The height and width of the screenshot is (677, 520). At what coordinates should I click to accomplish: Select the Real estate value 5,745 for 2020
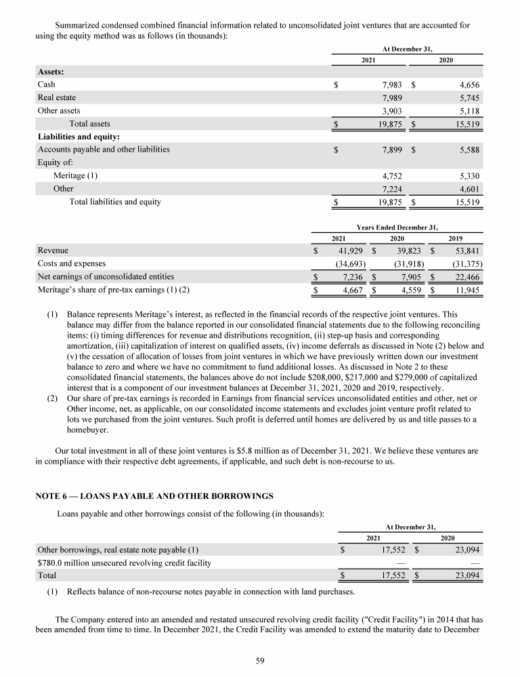pyautogui.click(x=468, y=97)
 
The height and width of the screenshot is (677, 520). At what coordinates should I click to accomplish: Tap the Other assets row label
pyautogui.click(x=59, y=110)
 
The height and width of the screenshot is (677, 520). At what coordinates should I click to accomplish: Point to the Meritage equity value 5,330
pyautogui.click(x=468, y=175)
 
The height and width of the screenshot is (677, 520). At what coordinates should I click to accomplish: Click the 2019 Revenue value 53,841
pyautogui.click(x=467, y=250)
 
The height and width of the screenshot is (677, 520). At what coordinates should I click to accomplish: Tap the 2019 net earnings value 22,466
pyautogui.click(x=467, y=276)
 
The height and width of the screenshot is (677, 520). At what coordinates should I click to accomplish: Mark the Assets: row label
pyautogui.click(x=51, y=72)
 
